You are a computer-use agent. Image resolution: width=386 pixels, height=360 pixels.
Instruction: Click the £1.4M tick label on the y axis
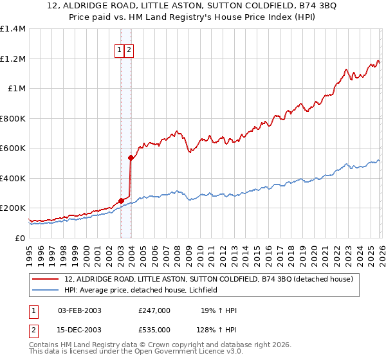tap(13, 29)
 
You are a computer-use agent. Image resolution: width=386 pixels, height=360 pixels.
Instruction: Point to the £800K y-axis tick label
tap(13, 118)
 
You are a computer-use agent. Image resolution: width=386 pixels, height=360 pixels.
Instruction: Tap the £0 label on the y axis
tap(21, 238)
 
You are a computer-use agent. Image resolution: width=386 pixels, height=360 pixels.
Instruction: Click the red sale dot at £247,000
tap(121, 201)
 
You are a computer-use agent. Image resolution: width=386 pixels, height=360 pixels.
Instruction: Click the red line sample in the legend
tap(46, 280)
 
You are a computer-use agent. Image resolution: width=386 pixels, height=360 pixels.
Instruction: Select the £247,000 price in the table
tap(154, 310)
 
